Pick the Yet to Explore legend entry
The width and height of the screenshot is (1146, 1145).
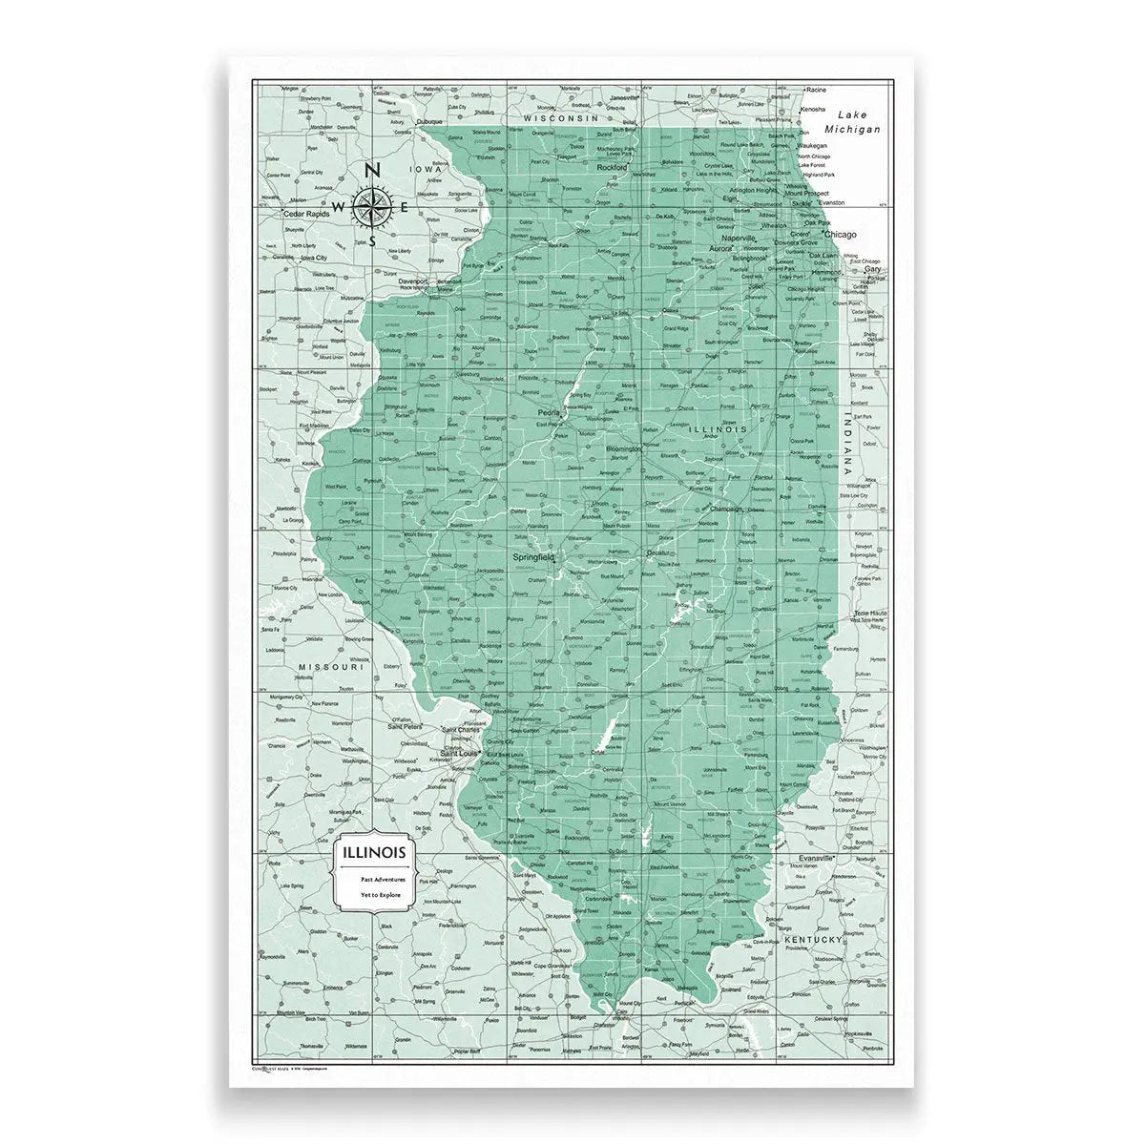click(382, 896)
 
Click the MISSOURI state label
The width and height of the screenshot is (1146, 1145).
click(331, 667)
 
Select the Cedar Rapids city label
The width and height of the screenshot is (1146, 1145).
click(305, 214)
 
